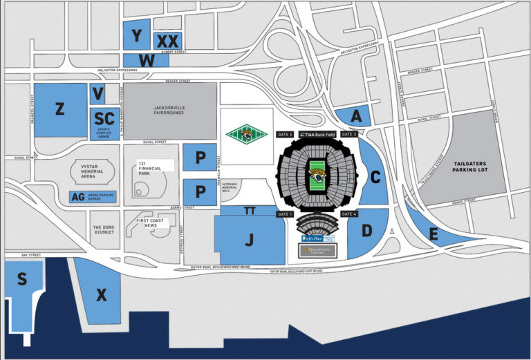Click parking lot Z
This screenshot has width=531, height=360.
60,109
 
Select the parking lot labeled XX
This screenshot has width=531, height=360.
168,41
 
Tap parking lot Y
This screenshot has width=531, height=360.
137,35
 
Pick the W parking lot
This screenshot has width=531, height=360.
146,60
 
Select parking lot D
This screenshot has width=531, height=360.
366,230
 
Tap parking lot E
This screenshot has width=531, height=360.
433,234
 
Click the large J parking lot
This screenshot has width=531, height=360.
248,240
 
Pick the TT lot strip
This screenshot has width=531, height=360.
250,211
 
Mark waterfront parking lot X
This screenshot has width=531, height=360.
101,296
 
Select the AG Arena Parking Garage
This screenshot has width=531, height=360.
93,198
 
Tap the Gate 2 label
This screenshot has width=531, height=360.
286,134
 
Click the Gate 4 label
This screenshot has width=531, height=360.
349,214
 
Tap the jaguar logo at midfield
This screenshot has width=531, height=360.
317,176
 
